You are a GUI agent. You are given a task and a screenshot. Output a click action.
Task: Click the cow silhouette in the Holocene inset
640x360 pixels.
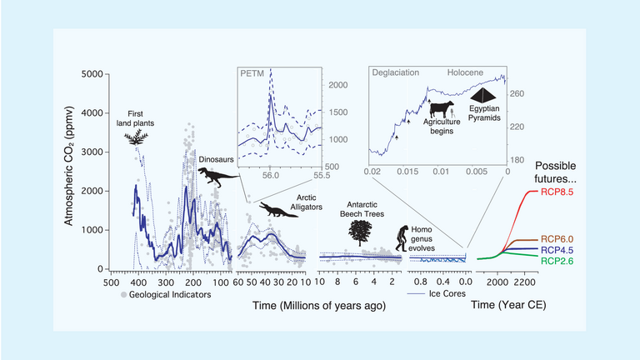tap(442, 109)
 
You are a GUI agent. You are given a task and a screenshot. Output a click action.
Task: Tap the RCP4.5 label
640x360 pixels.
tap(582, 249)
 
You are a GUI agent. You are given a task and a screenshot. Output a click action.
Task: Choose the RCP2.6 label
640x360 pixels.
tap(582, 261)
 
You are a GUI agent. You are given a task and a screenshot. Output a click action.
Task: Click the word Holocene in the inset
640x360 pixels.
tap(471, 72)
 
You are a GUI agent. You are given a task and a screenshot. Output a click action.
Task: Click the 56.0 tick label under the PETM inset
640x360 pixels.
tap(272, 177)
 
